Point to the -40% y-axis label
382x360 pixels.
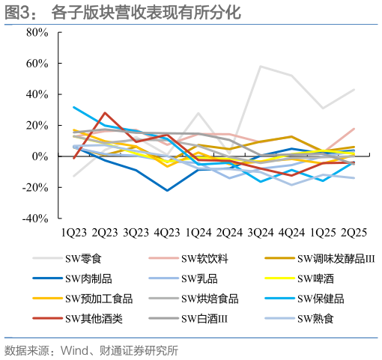click(35, 219)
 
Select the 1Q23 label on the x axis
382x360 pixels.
click(74, 234)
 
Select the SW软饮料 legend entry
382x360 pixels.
click(204, 260)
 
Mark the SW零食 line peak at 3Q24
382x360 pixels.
click(261, 67)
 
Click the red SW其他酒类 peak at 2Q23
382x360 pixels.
click(105, 113)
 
